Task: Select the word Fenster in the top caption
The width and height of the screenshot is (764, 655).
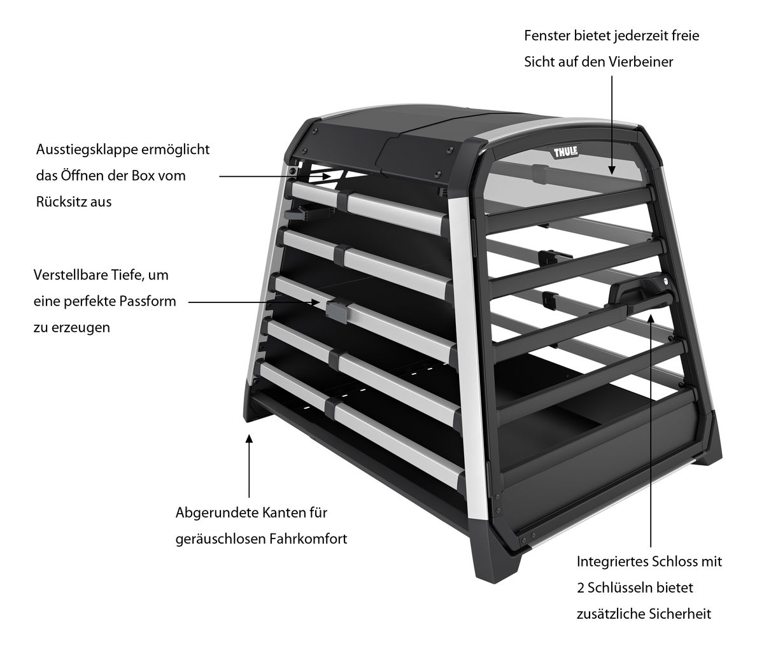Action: pos(547,36)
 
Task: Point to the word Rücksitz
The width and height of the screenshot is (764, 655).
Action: pos(60,202)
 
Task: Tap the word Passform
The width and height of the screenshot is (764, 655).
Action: pos(148,301)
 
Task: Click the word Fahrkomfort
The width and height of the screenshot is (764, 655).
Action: pos(308,539)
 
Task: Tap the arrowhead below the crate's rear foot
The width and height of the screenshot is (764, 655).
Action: pos(249,439)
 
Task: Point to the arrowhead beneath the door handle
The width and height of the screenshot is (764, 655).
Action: pos(651,318)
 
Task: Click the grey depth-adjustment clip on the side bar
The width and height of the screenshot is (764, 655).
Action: pos(337,312)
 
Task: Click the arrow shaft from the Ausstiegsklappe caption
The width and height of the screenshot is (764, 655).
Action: pos(274,176)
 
